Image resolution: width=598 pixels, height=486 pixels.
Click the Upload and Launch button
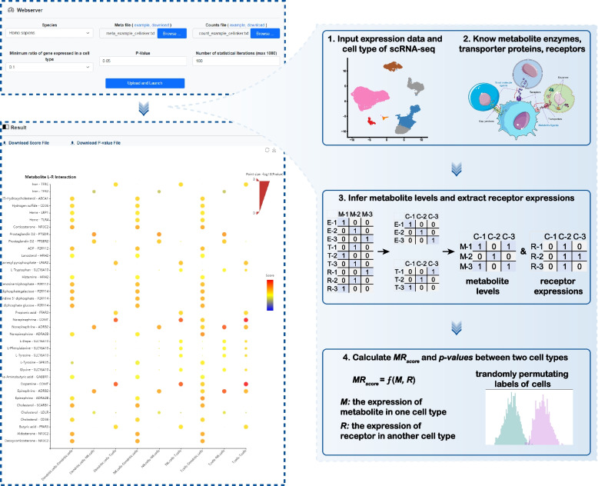click(x=151, y=82)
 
